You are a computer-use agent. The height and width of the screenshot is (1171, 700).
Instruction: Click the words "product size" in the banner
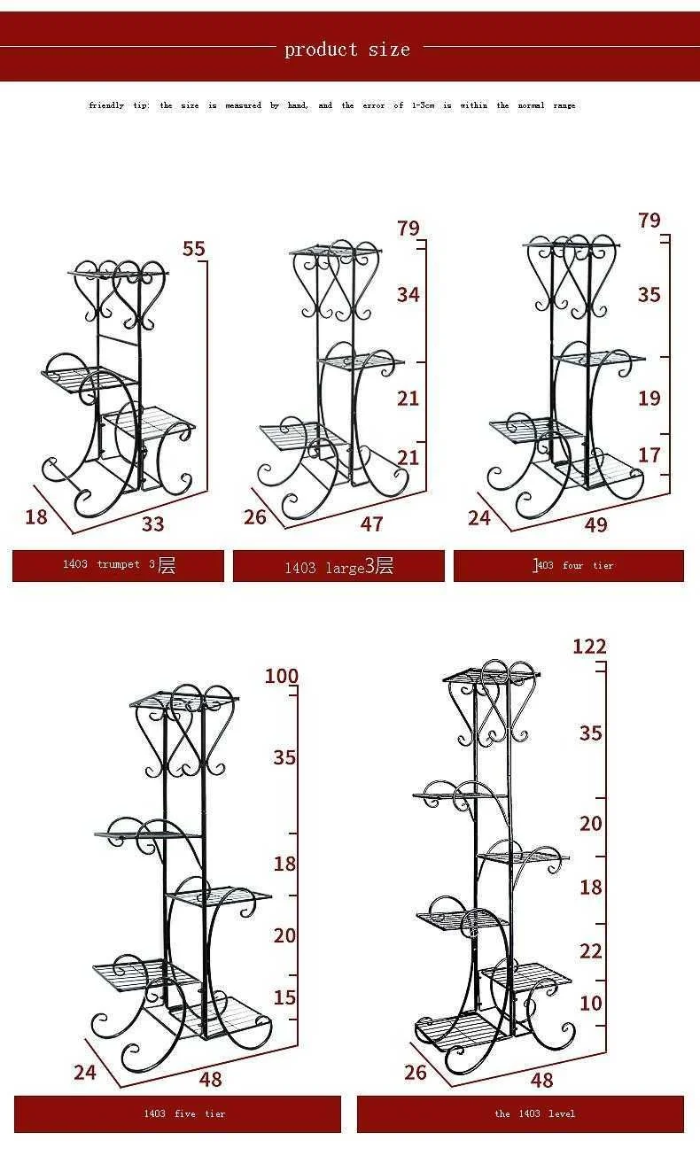click(x=347, y=50)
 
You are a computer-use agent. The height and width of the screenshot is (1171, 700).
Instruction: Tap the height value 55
click(x=194, y=249)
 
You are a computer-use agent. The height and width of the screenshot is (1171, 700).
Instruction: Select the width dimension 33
click(x=153, y=523)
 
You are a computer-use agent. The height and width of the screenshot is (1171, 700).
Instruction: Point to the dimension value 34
click(x=408, y=294)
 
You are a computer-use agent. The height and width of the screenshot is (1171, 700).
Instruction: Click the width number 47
click(x=371, y=523)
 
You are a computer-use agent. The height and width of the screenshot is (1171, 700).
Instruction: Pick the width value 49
click(x=596, y=524)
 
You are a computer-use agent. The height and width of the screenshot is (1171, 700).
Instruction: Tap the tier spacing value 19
click(x=649, y=398)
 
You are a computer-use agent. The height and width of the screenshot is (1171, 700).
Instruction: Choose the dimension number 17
click(x=649, y=454)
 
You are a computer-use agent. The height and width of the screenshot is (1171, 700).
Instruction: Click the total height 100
click(x=282, y=677)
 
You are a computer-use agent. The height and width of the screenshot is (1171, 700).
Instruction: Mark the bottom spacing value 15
click(x=284, y=997)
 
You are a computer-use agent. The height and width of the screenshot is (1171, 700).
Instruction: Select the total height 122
click(x=589, y=647)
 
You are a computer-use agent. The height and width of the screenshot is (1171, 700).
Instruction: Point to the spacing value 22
click(x=591, y=950)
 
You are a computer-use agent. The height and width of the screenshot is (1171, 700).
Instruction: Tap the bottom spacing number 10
click(x=591, y=1003)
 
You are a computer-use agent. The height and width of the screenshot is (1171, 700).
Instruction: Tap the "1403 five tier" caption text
click(x=184, y=1113)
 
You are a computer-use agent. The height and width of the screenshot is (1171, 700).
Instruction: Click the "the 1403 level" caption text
click(x=535, y=1113)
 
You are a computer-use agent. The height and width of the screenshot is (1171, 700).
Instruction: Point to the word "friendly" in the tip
click(x=106, y=105)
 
